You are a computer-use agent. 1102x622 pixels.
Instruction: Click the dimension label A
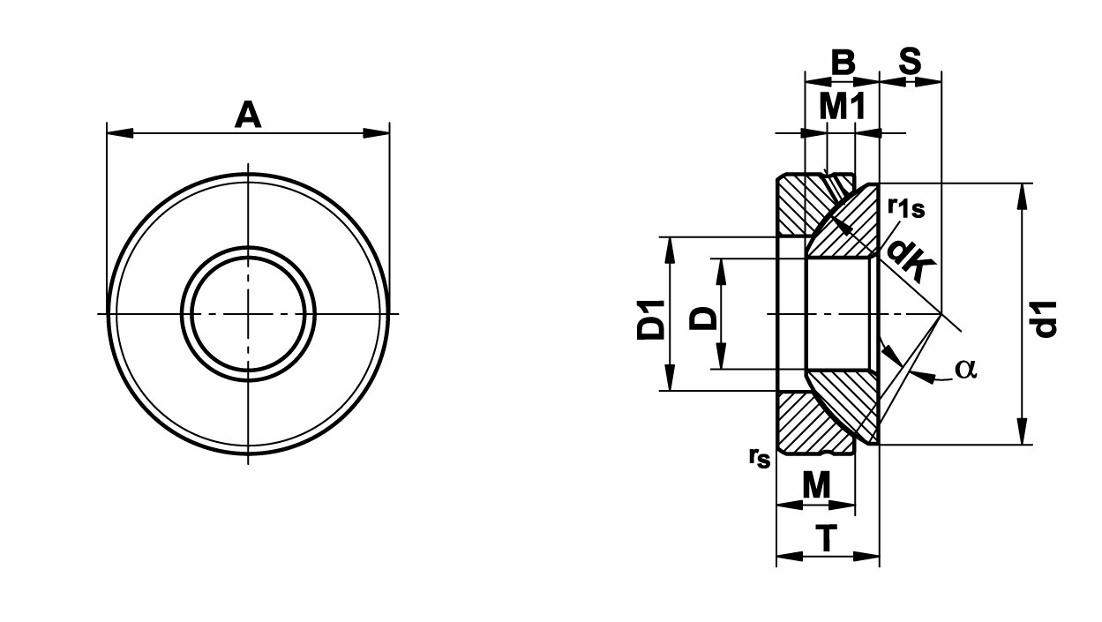tap(248, 115)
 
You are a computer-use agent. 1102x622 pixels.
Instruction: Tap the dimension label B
tap(843, 62)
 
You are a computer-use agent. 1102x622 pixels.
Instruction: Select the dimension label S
tap(910, 62)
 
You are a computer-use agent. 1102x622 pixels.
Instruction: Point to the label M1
tap(843, 108)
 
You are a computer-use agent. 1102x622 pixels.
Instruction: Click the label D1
tap(651, 320)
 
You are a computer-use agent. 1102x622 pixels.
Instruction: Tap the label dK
tap(910, 260)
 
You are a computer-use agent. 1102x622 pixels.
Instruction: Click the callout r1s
tap(906, 207)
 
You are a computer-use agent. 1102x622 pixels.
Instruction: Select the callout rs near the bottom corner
tap(760, 458)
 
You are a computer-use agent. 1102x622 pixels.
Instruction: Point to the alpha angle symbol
tap(966, 369)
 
